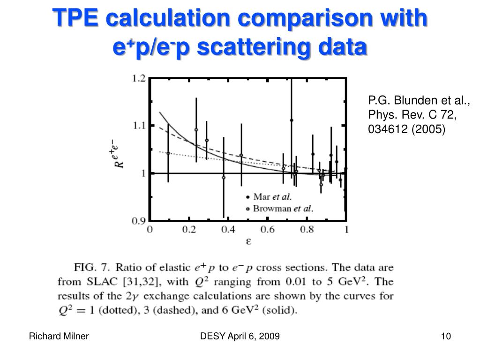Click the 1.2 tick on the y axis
[x=138, y=78]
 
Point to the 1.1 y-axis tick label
[x=138, y=126]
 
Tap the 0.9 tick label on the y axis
[x=138, y=220]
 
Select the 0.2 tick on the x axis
[x=189, y=230]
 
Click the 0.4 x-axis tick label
[x=228, y=230]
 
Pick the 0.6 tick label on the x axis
[x=268, y=230]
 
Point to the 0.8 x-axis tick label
[x=307, y=230]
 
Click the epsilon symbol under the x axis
[x=248, y=242]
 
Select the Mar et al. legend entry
[x=272, y=197]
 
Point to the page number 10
[x=445, y=336]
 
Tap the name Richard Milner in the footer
[x=59, y=336]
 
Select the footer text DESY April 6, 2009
[x=240, y=336]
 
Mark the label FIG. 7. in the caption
[x=92, y=268]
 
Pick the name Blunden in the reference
[x=411, y=100]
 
